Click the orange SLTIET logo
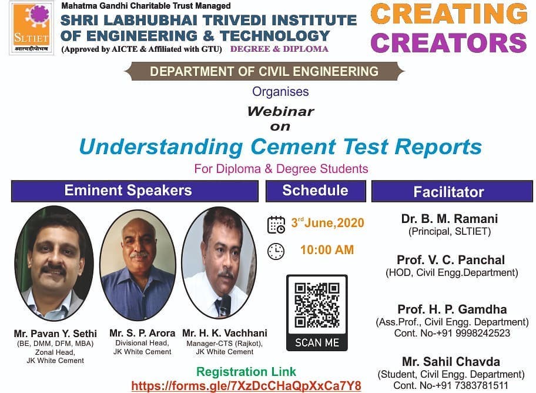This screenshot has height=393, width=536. point(31,28)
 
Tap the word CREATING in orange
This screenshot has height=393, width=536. point(449,14)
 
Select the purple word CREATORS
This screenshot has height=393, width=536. point(448,43)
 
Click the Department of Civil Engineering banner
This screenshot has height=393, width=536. point(264,71)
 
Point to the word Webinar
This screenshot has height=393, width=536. point(281,111)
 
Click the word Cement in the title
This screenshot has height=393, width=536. point(293,147)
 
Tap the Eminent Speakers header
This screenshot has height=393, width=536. point(135,191)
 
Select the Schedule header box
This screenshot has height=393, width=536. point(316,191)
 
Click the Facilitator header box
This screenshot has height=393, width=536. point(452,191)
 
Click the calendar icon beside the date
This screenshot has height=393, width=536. point(276,225)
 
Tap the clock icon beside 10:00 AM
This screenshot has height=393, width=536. point(276,252)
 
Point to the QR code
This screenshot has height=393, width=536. point(317,305)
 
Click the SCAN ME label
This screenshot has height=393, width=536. point(317,342)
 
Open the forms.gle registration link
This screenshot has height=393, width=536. point(246,386)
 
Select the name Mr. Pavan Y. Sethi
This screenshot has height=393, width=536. point(55,334)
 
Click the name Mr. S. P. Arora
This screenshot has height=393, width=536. point(142,333)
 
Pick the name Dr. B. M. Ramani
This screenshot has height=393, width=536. point(450,218)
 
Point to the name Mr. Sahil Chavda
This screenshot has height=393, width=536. point(451,361)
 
